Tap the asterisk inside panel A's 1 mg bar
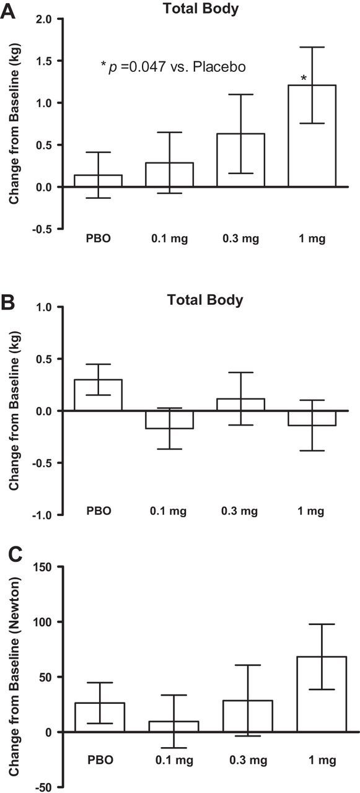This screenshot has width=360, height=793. tap(304, 78)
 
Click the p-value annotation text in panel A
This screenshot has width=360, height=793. tap(173, 65)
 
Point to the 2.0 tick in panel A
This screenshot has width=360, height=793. tap(42, 19)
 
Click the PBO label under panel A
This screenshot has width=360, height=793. tap(99, 238)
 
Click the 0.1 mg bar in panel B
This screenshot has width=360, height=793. tap(169, 419)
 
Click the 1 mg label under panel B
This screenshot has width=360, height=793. tap(312, 512)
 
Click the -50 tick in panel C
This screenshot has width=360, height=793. tap(43, 787)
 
